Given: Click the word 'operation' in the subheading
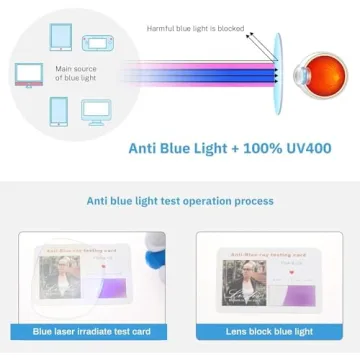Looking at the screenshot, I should tap(206, 201).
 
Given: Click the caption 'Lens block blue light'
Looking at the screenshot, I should tap(269, 331).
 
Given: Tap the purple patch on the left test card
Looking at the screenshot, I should tap(113, 290).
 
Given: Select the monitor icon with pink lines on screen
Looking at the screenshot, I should tap(29, 73).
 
